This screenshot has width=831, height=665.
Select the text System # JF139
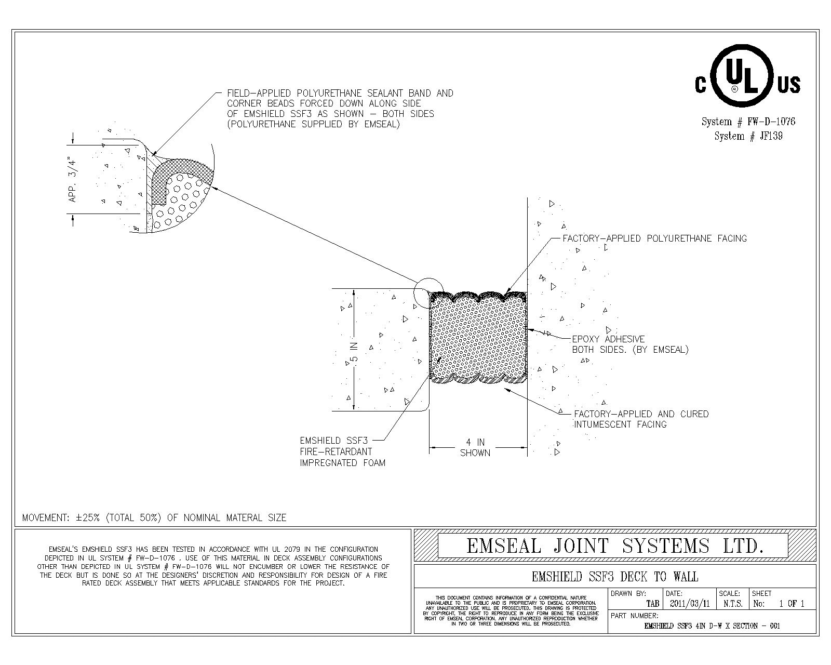748,136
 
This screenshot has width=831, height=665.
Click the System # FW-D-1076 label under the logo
748,122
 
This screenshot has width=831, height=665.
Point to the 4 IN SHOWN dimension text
475,447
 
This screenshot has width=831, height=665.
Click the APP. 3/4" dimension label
73,179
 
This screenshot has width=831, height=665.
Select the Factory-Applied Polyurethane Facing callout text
654,238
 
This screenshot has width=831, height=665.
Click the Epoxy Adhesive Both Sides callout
629,344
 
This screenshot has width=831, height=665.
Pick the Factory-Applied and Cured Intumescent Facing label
641,419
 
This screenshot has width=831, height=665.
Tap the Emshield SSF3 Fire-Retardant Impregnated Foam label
342,451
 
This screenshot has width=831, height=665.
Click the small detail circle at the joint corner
429,291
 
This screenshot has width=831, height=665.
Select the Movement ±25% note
154,517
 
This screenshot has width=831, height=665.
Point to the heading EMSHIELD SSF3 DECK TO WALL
615,577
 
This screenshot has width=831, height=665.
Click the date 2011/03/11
689,604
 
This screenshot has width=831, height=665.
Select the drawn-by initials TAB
652,604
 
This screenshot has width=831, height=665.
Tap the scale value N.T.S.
732,604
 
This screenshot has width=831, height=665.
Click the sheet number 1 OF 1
792,604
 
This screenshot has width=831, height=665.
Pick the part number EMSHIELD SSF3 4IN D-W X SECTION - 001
712,626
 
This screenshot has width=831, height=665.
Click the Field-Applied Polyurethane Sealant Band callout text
340,109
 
